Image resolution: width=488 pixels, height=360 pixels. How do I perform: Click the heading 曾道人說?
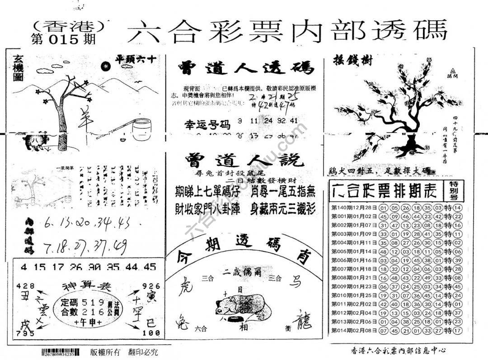pos(244,160)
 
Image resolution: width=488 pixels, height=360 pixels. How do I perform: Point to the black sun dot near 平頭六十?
pos(105,66)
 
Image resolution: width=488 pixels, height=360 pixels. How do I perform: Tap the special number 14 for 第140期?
pos(457,208)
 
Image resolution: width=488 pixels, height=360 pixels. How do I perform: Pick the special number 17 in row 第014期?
pos(457,331)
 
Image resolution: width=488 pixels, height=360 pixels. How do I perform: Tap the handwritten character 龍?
pos(302,322)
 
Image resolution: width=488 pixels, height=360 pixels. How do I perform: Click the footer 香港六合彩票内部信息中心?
pos(398,350)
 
